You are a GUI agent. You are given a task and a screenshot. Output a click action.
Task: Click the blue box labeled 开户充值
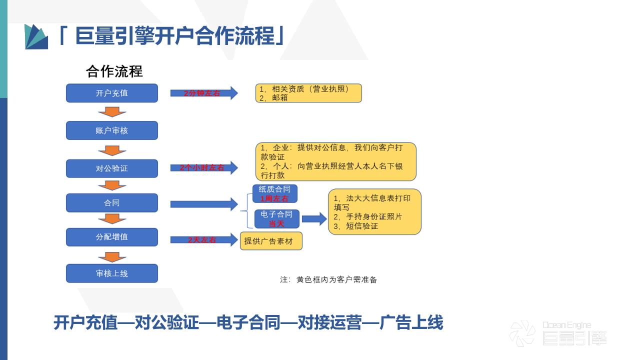[x=112, y=93]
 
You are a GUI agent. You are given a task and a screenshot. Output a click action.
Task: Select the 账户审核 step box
[x=112, y=130]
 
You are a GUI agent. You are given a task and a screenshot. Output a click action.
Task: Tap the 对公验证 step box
[x=112, y=168]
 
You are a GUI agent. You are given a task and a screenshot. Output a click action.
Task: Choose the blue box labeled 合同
[x=112, y=203]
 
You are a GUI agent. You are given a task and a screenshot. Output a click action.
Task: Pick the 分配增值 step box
[x=112, y=237]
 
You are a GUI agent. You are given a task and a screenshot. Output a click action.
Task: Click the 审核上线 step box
[x=112, y=273]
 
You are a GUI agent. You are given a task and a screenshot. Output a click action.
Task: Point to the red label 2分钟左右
[x=202, y=93]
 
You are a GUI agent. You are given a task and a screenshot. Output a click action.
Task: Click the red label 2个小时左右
[x=202, y=168]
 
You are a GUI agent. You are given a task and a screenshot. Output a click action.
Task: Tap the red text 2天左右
[x=202, y=240]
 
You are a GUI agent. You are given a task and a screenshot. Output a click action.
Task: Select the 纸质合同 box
[x=275, y=193]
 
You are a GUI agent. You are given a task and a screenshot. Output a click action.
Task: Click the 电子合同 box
[x=277, y=219]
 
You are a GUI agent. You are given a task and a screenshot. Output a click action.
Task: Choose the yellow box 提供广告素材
[x=271, y=241]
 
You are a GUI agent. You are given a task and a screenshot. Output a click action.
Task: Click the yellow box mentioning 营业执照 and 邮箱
[x=308, y=93]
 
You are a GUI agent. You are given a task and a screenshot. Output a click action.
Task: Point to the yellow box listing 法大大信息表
[x=374, y=211]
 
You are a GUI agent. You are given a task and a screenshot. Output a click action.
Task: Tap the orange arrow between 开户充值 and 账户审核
[x=112, y=111]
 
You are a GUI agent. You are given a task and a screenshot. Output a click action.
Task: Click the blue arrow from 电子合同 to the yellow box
[x=314, y=218]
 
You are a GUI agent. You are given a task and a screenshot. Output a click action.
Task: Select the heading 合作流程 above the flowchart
[x=114, y=71]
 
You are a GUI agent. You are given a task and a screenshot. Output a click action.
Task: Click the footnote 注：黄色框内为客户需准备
[x=328, y=280]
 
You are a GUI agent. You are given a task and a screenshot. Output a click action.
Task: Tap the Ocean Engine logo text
[x=567, y=325]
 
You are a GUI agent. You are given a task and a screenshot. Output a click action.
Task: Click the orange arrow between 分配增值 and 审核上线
[x=112, y=257]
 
